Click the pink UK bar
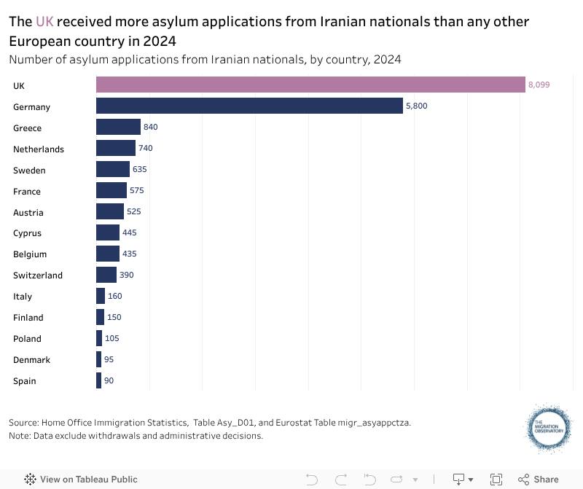point(310,85)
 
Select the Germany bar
point(249,106)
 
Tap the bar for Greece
point(118,128)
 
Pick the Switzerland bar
point(106,275)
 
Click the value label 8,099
point(539,85)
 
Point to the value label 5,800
point(416,106)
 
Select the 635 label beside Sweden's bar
point(140,170)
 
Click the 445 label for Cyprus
point(130,233)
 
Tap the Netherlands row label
point(39,149)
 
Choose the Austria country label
point(28,213)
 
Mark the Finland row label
point(28,318)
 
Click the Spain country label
point(25,381)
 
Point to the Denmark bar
point(98,359)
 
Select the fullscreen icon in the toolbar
point(496,480)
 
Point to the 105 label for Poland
point(111,338)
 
